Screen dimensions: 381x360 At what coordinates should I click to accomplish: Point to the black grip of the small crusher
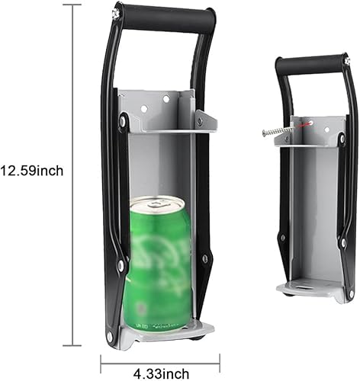click(311, 65)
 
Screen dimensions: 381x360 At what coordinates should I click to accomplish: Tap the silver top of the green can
click(158, 203)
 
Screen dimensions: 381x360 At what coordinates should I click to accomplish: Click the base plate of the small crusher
click(309, 289)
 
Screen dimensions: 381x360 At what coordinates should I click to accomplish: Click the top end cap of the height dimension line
click(72, 5)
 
